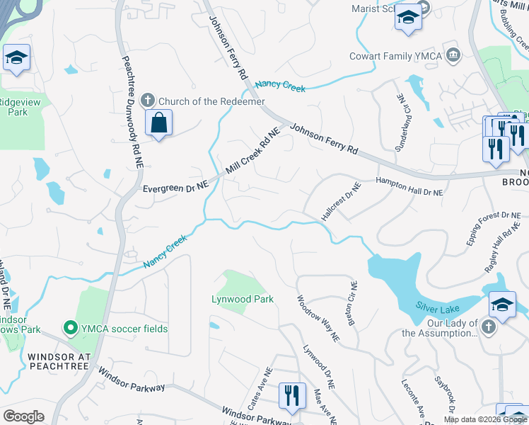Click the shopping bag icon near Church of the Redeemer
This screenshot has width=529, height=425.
(x=159, y=123)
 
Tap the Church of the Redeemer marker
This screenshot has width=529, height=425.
(x=148, y=101)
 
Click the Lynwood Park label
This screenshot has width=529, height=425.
(x=243, y=299)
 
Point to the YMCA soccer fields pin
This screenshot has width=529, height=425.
(x=70, y=328)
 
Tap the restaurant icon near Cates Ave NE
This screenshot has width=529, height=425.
(x=291, y=395)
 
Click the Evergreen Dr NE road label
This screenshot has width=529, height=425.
(x=175, y=188)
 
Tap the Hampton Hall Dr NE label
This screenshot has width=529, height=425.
(x=409, y=186)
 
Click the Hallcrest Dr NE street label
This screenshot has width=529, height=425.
(x=342, y=202)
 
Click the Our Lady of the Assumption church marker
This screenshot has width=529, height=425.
(x=489, y=327)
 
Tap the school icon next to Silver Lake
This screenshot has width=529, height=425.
(x=502, y=305)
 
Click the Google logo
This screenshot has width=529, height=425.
(x=24, y=417)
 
